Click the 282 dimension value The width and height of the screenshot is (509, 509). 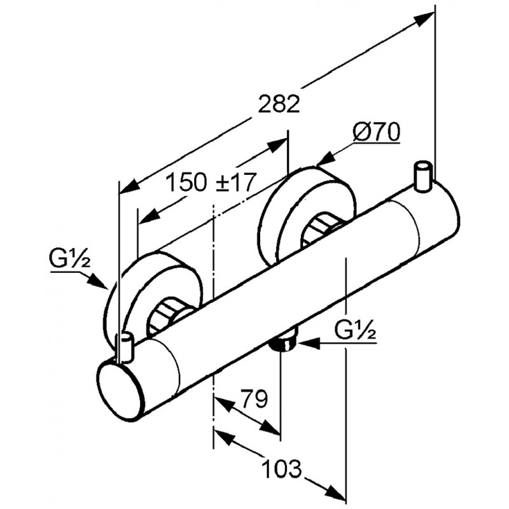point(279,104)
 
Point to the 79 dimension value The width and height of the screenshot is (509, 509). point(254,400)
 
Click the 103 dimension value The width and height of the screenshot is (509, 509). point(281,469)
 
